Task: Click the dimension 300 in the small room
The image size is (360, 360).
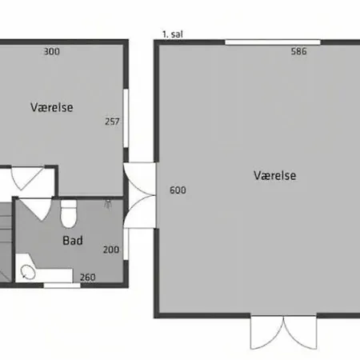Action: (x=52, y=51)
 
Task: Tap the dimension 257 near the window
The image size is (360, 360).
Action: (x=112, y=122)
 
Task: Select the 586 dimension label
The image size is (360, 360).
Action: (x=299, y=51)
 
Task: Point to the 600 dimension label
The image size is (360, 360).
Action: (x=178, y=190)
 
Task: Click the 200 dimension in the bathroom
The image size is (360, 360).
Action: (x=111, y=250)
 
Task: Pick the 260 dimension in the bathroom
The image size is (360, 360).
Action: (x=88, y=278)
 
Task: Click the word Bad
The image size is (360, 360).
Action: (x=73, y=240)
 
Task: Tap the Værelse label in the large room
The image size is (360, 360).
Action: (x=275, y=175)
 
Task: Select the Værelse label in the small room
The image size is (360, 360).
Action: (x=52, y=107)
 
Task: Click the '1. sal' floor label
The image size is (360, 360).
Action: (x=173, y=34)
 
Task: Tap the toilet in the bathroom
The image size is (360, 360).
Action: (x=69, y=214)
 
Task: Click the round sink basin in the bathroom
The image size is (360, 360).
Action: (x=28, y=272)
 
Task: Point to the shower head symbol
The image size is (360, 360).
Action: (x=108, y=204)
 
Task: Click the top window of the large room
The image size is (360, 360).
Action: (x=273, y=42)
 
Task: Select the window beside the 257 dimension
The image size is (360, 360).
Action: (x=126, y=118)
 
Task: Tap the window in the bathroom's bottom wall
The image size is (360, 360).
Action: (x=62, y=286)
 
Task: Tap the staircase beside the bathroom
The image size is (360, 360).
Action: (x=6, y=242)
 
